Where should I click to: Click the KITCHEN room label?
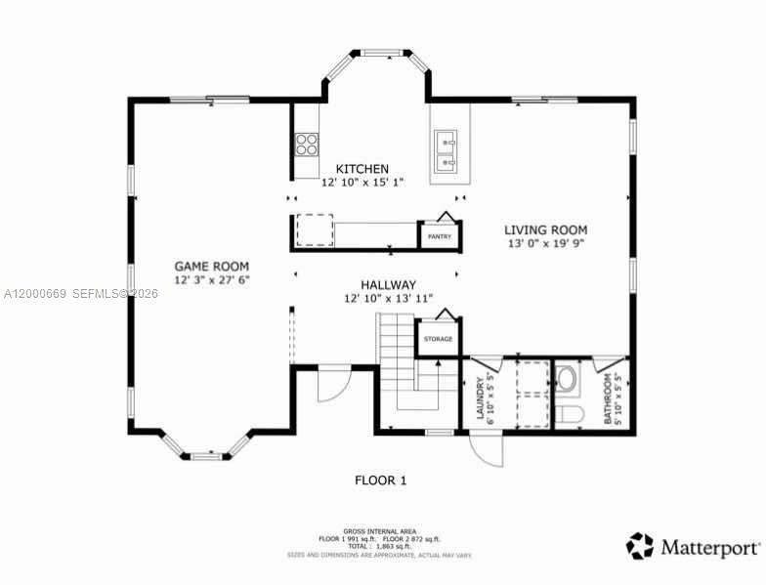tap(362, 169)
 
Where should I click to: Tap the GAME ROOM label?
tap(211, 266)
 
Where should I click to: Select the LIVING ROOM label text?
tap(545, 230)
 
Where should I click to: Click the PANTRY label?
tap(439, 236)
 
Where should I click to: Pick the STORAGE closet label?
tap(438, 339)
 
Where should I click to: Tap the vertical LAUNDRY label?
tap(480, 398)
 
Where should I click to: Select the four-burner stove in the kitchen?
tap(307, 145)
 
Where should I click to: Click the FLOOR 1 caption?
tap(380, 480)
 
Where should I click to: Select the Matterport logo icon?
tap(640, 545)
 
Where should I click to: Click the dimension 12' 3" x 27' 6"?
tap(212, 280)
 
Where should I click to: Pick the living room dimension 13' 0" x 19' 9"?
tap(545, 245)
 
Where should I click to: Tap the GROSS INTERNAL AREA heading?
tap(381, 531)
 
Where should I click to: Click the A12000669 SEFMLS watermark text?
tap(81, 293)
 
